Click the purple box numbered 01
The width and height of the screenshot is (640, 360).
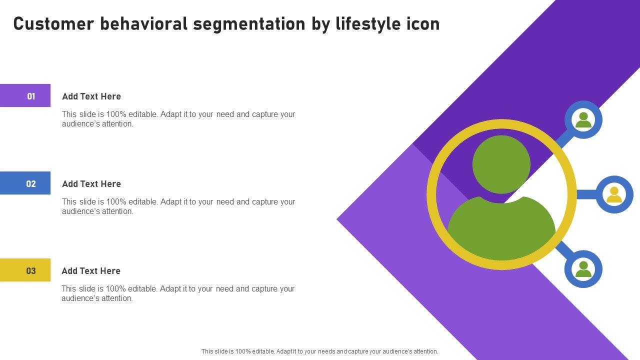point(25,95)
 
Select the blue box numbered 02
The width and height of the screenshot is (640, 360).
point(25,183)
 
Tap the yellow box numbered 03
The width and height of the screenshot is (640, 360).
point(25,270)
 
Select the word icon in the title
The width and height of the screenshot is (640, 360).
point(424,23)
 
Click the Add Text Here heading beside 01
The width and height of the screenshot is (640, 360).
point(91,96)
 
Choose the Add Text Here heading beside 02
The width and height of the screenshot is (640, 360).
point(91,184)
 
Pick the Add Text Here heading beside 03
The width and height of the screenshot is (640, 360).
point(91,271)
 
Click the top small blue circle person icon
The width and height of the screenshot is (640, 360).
point(583,119)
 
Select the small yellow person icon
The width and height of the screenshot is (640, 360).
point(614,194)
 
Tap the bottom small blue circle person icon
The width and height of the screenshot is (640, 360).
point(583,269)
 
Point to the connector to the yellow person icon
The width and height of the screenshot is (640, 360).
point(586,194)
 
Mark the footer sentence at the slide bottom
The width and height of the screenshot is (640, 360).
point(319,351)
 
